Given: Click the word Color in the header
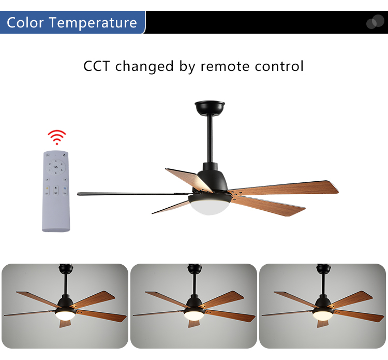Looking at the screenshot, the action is click(x=25, y=23).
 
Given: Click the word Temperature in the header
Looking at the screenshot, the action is click(x=93, y=23).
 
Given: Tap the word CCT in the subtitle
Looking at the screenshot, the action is click(x=97, y=66).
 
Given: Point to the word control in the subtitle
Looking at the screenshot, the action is click(x=279, y=66).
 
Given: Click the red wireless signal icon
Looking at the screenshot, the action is click(x=57, y=137).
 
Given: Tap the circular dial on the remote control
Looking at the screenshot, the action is click(x=56, y=167).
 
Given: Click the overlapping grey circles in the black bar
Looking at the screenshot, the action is click(x=375, y=22).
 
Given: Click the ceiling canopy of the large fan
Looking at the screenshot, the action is click(x=210, y=108).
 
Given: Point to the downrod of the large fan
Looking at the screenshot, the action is click(x=210, y=139).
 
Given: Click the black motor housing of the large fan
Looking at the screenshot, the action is click(x=212, y=177).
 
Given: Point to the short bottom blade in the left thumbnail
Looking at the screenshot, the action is click(x=65, y=323).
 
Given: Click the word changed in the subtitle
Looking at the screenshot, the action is click(x=144, y=66).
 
